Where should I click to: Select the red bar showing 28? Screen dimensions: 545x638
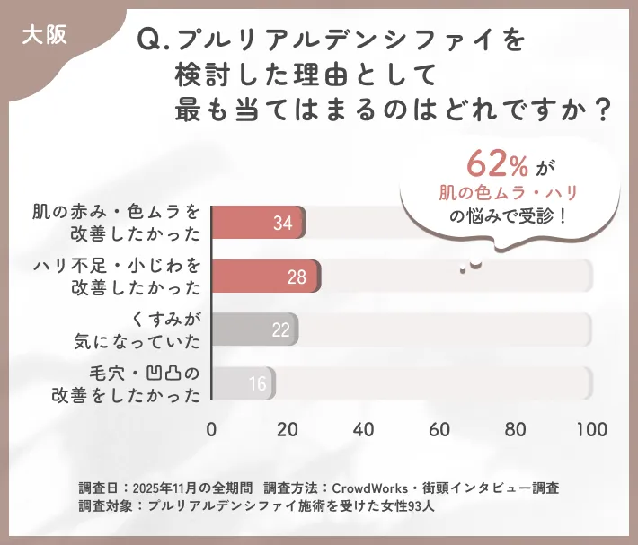pyautogui.click(x=266, y=277)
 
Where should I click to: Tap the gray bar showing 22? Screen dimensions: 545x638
pyautogui.click(x=254, y=330)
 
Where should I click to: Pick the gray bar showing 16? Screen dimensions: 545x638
pyautogui.click(x=244, y=383)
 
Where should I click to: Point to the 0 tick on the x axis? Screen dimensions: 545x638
pyautogui.click(x=211, y=430)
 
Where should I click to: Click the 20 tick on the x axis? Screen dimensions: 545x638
pyautogui.click(x=287, y=430)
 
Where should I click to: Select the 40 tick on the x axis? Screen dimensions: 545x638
pyautogui.click(x=363, y=430)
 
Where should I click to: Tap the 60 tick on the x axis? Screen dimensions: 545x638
pyautogui.click(x=439, y=430)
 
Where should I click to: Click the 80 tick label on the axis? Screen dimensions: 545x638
pyautogui.click(x=515, y=430)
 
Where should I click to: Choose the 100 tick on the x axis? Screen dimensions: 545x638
pyautogui.click(x=591, y=430)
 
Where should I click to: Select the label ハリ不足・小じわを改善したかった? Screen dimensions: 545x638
pyautogui.click(x=117, y=277)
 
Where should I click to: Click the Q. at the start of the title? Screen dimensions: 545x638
pyautogui.click(x=151, y=40)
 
